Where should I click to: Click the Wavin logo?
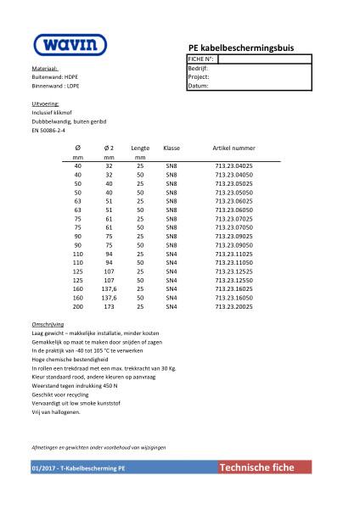coord(70,45)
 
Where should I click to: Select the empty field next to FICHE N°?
coord(264,59)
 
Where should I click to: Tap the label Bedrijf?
coord(198,68)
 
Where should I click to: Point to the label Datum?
coord(198,86)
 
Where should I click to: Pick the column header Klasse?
coord(172,148)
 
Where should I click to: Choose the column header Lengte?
coord(140,148)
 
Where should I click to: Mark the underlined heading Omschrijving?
coord(48,325)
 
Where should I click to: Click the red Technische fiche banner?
coord(263,467)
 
